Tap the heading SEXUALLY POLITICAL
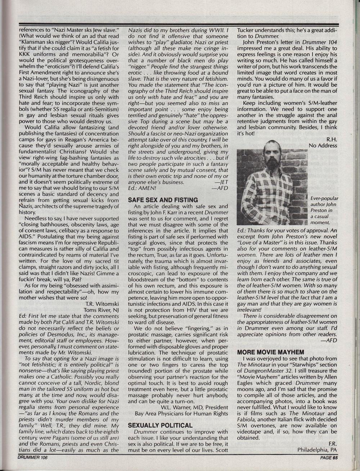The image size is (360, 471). pyautogui.click(x=160, y=425)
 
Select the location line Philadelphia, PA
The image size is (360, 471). pyautogui.click(x=317, y=450)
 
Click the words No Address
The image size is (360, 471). pyautogui.click(x=323, y=146)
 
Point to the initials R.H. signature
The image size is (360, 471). pyautogui.click(x=331, y=139)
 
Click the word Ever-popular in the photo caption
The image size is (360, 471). pyautogui.click(x=324, y=198)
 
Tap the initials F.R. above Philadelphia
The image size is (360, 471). pyautogui.click(x=333, y=444)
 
